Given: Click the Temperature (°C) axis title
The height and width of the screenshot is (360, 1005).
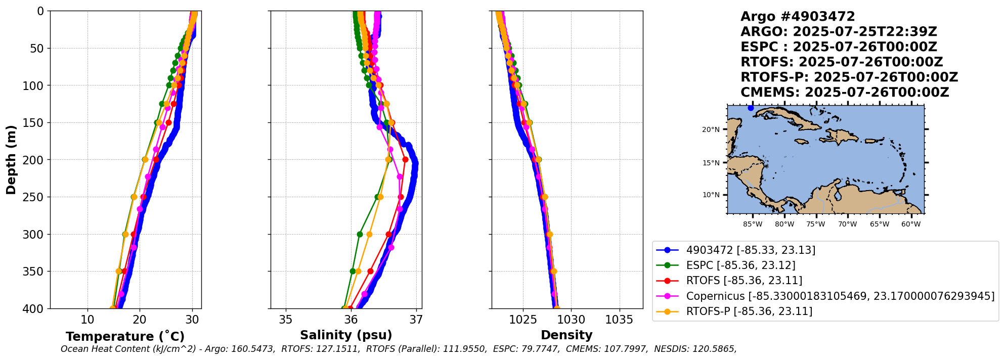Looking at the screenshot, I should coord(125,337).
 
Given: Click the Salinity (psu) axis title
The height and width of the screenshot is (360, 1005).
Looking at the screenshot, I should coord(346,335).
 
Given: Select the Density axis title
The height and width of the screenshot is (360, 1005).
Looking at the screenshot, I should coord(566,335).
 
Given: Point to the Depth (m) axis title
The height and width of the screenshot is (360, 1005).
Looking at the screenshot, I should coord(11,160).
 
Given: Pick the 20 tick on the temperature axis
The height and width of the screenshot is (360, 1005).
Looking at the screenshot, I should coord(140,320).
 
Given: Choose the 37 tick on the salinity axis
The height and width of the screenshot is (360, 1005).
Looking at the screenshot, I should coord(416,320).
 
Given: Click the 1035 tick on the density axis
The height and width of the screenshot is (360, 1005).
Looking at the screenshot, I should coord(619,320).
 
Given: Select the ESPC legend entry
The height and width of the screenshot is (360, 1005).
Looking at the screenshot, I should coord(740,265).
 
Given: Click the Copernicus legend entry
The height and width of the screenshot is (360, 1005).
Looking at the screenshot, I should coord(840,296).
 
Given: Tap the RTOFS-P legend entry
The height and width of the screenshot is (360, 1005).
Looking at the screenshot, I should coord(749,311).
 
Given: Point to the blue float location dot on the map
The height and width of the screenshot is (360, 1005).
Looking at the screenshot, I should coord(751,108).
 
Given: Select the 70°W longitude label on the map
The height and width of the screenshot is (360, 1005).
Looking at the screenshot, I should coord(847,224).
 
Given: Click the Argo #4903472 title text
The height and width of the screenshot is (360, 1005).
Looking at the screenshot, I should coord(798,17).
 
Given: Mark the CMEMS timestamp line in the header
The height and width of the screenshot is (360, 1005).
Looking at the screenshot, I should coord(845,93).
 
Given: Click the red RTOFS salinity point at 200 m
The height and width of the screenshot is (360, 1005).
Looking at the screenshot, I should coord(405,160).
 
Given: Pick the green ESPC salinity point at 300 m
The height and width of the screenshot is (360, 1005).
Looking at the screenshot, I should coord(360,234).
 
